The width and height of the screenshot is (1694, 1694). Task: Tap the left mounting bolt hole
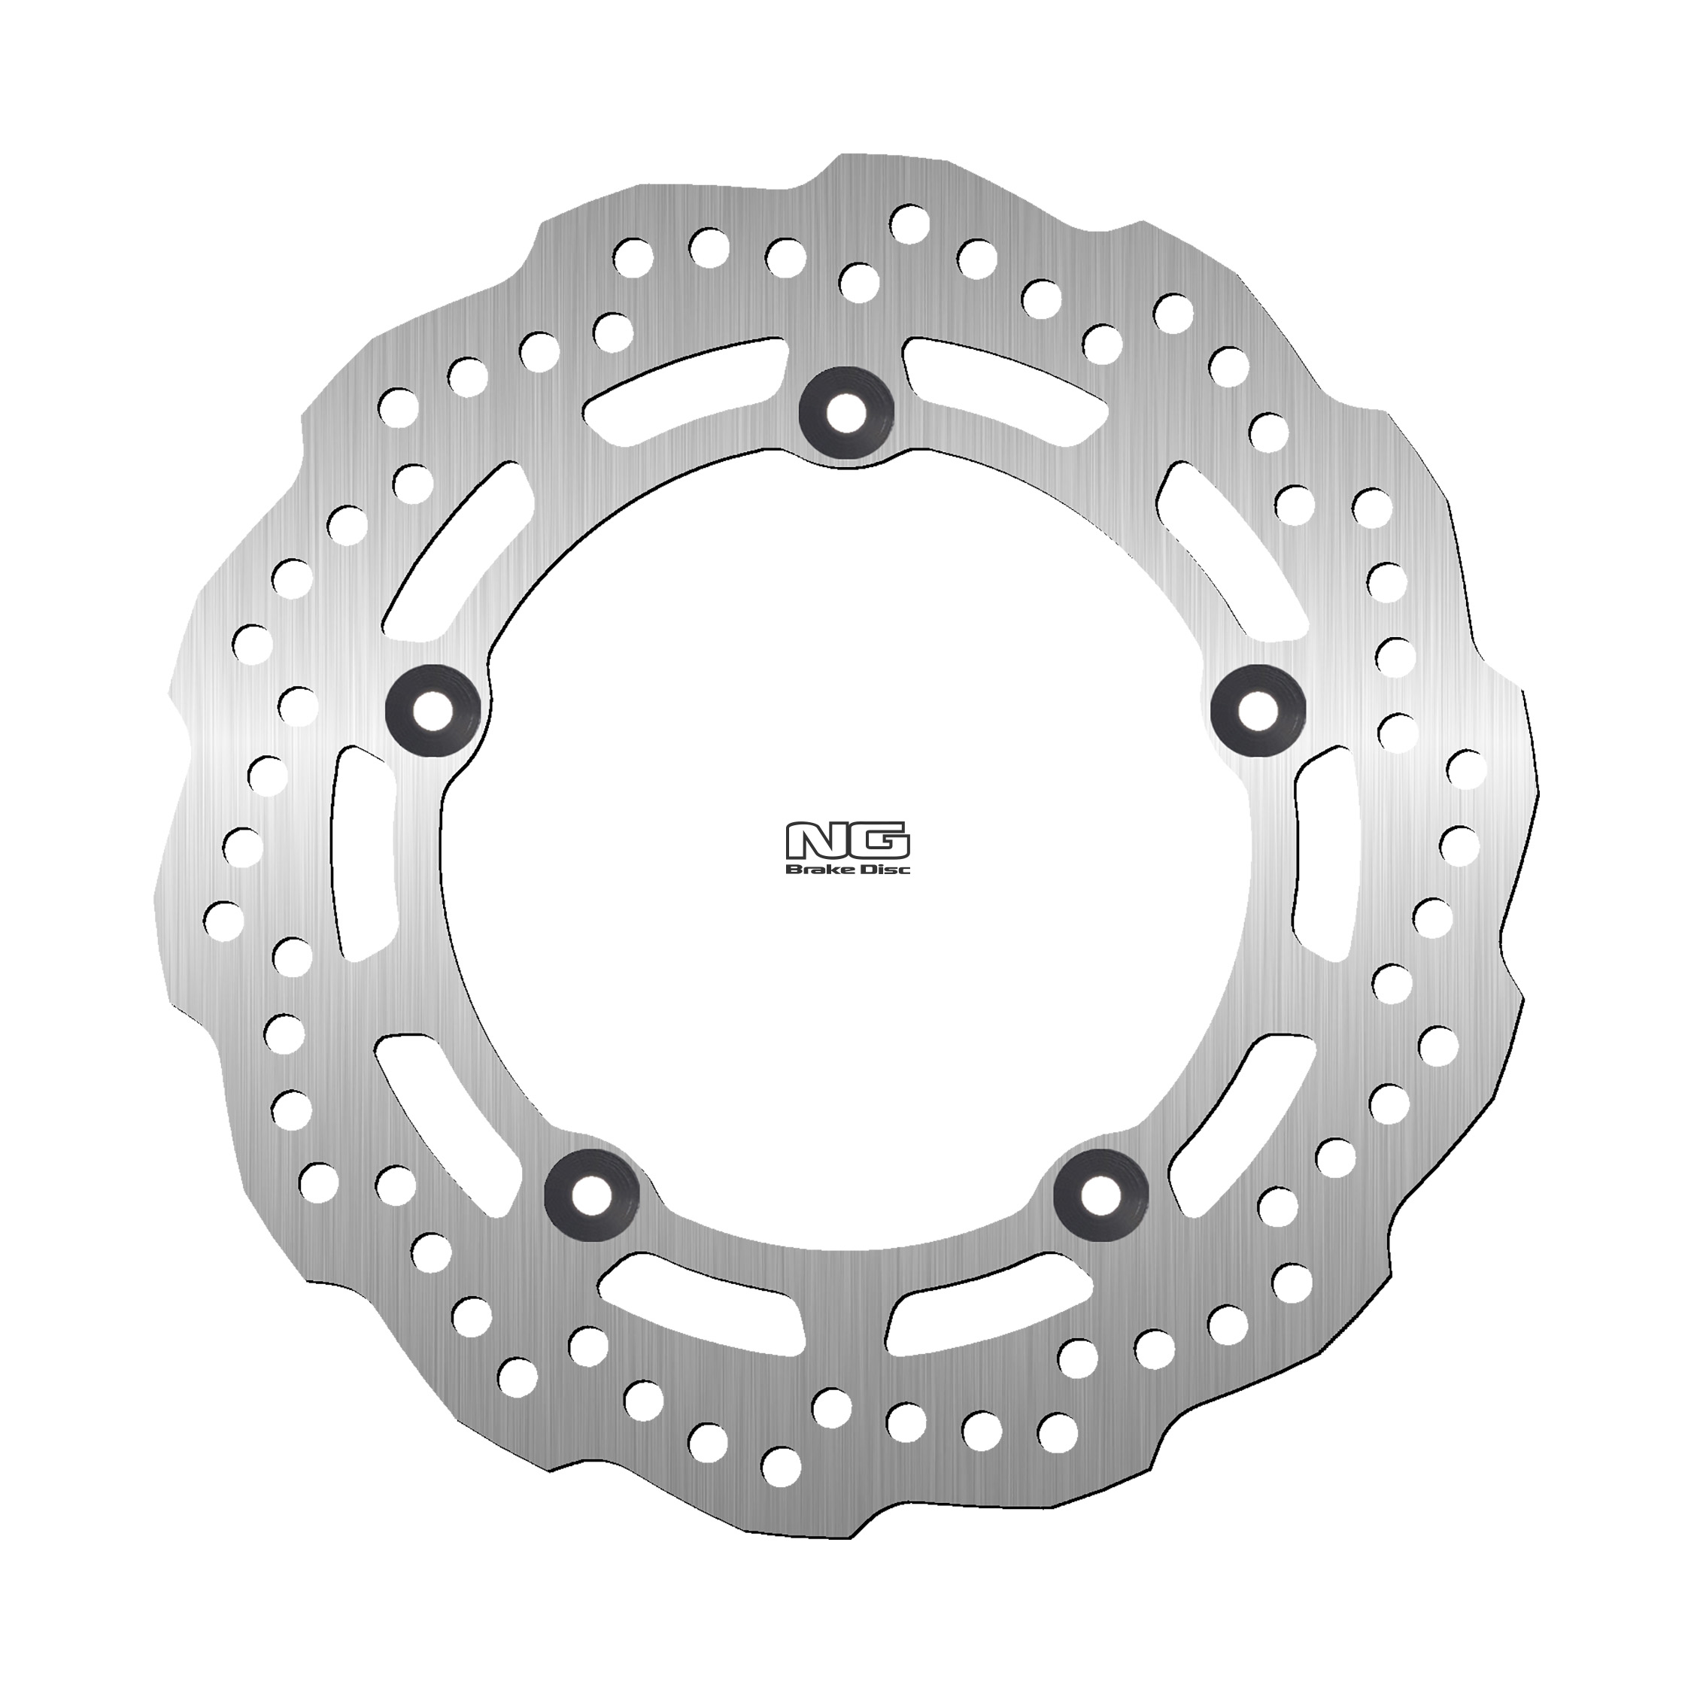[433, 709]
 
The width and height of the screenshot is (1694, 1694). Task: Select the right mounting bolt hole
[1258, 709]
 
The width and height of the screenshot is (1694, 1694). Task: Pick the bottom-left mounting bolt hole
[592, 1195]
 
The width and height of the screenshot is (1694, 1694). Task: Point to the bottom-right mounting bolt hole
[1101, 1195]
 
